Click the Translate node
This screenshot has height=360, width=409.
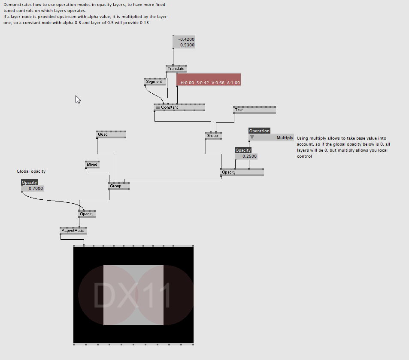coord(176,69)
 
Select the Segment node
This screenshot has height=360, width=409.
coord(155,82)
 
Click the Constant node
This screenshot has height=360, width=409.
coord(179,107)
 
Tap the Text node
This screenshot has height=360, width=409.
coord(254,110)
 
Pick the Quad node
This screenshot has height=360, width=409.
coord(111,134)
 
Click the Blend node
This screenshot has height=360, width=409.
coord(92,165)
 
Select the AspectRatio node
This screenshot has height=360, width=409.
coord(73,231)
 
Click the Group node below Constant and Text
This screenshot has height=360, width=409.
coord(213,136)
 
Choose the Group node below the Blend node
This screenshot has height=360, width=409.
coord(119,186)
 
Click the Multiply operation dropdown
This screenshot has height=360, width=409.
coord(271,137)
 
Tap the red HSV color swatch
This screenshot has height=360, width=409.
coord(209,79)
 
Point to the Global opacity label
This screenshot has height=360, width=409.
coord(31,171)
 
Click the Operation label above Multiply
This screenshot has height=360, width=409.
coord(259,131)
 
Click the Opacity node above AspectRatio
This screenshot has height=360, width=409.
coord(87,214)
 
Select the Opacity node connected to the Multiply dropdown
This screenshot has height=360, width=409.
coord(242,172)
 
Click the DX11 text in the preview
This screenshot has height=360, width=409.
coord(132,295)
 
